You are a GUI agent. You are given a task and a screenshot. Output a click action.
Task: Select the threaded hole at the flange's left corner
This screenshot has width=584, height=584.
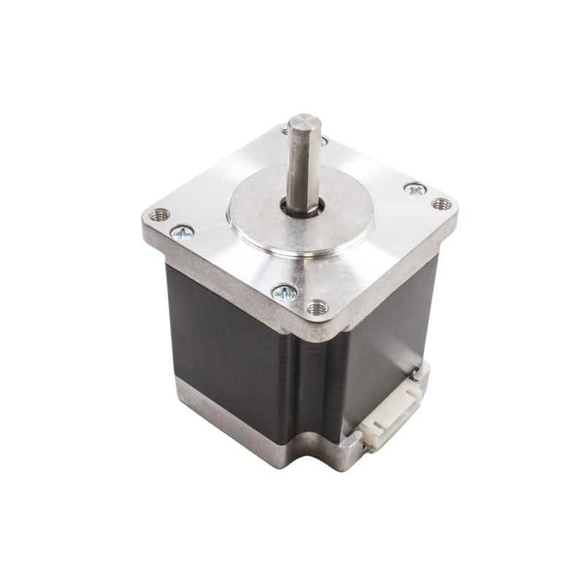click(x=159, y=215)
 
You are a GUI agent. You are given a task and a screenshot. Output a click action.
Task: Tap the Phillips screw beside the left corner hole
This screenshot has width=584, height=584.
click(x=182, y=232)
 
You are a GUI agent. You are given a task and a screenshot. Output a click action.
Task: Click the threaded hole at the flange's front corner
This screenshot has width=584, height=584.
click(x=317, y=307)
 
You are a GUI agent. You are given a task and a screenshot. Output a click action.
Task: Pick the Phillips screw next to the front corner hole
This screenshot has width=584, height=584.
click(x=285, y=292)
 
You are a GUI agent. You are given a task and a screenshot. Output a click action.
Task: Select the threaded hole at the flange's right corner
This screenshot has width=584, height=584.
click(x=440, y=204)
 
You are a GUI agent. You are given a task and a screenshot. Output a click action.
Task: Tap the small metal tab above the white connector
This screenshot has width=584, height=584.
click(x=417, y=374)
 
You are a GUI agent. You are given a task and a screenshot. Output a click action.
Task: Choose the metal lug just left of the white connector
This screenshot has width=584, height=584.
click(x=353, y=442)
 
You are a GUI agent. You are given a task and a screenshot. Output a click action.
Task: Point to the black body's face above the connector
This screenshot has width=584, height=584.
click(x=387, y=328)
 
